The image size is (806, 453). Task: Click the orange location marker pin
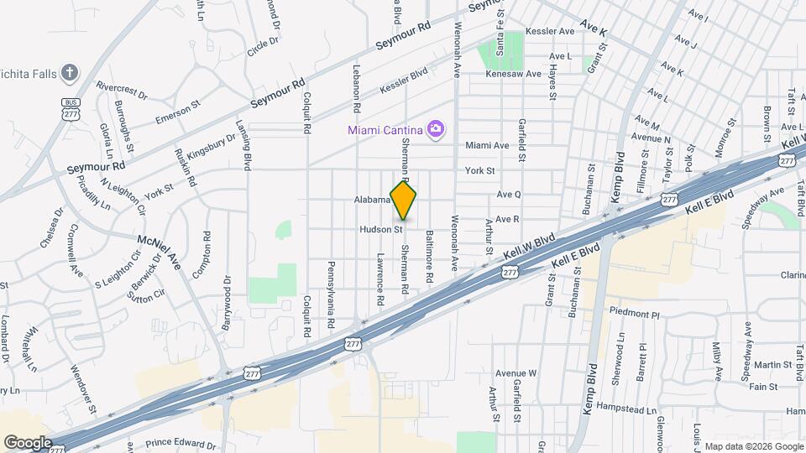[x=404, y=200]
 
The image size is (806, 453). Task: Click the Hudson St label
[x=382, y=228]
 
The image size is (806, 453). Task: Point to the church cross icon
[x=70, y=73]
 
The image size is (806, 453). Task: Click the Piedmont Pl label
[x=635, y=314]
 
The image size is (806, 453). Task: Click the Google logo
[x=27, y=442]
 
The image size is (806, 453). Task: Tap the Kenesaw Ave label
[x=515, y=74]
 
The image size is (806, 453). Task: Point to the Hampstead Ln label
[x=632, y=410]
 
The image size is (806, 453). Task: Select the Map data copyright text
[x=752, y=445]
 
